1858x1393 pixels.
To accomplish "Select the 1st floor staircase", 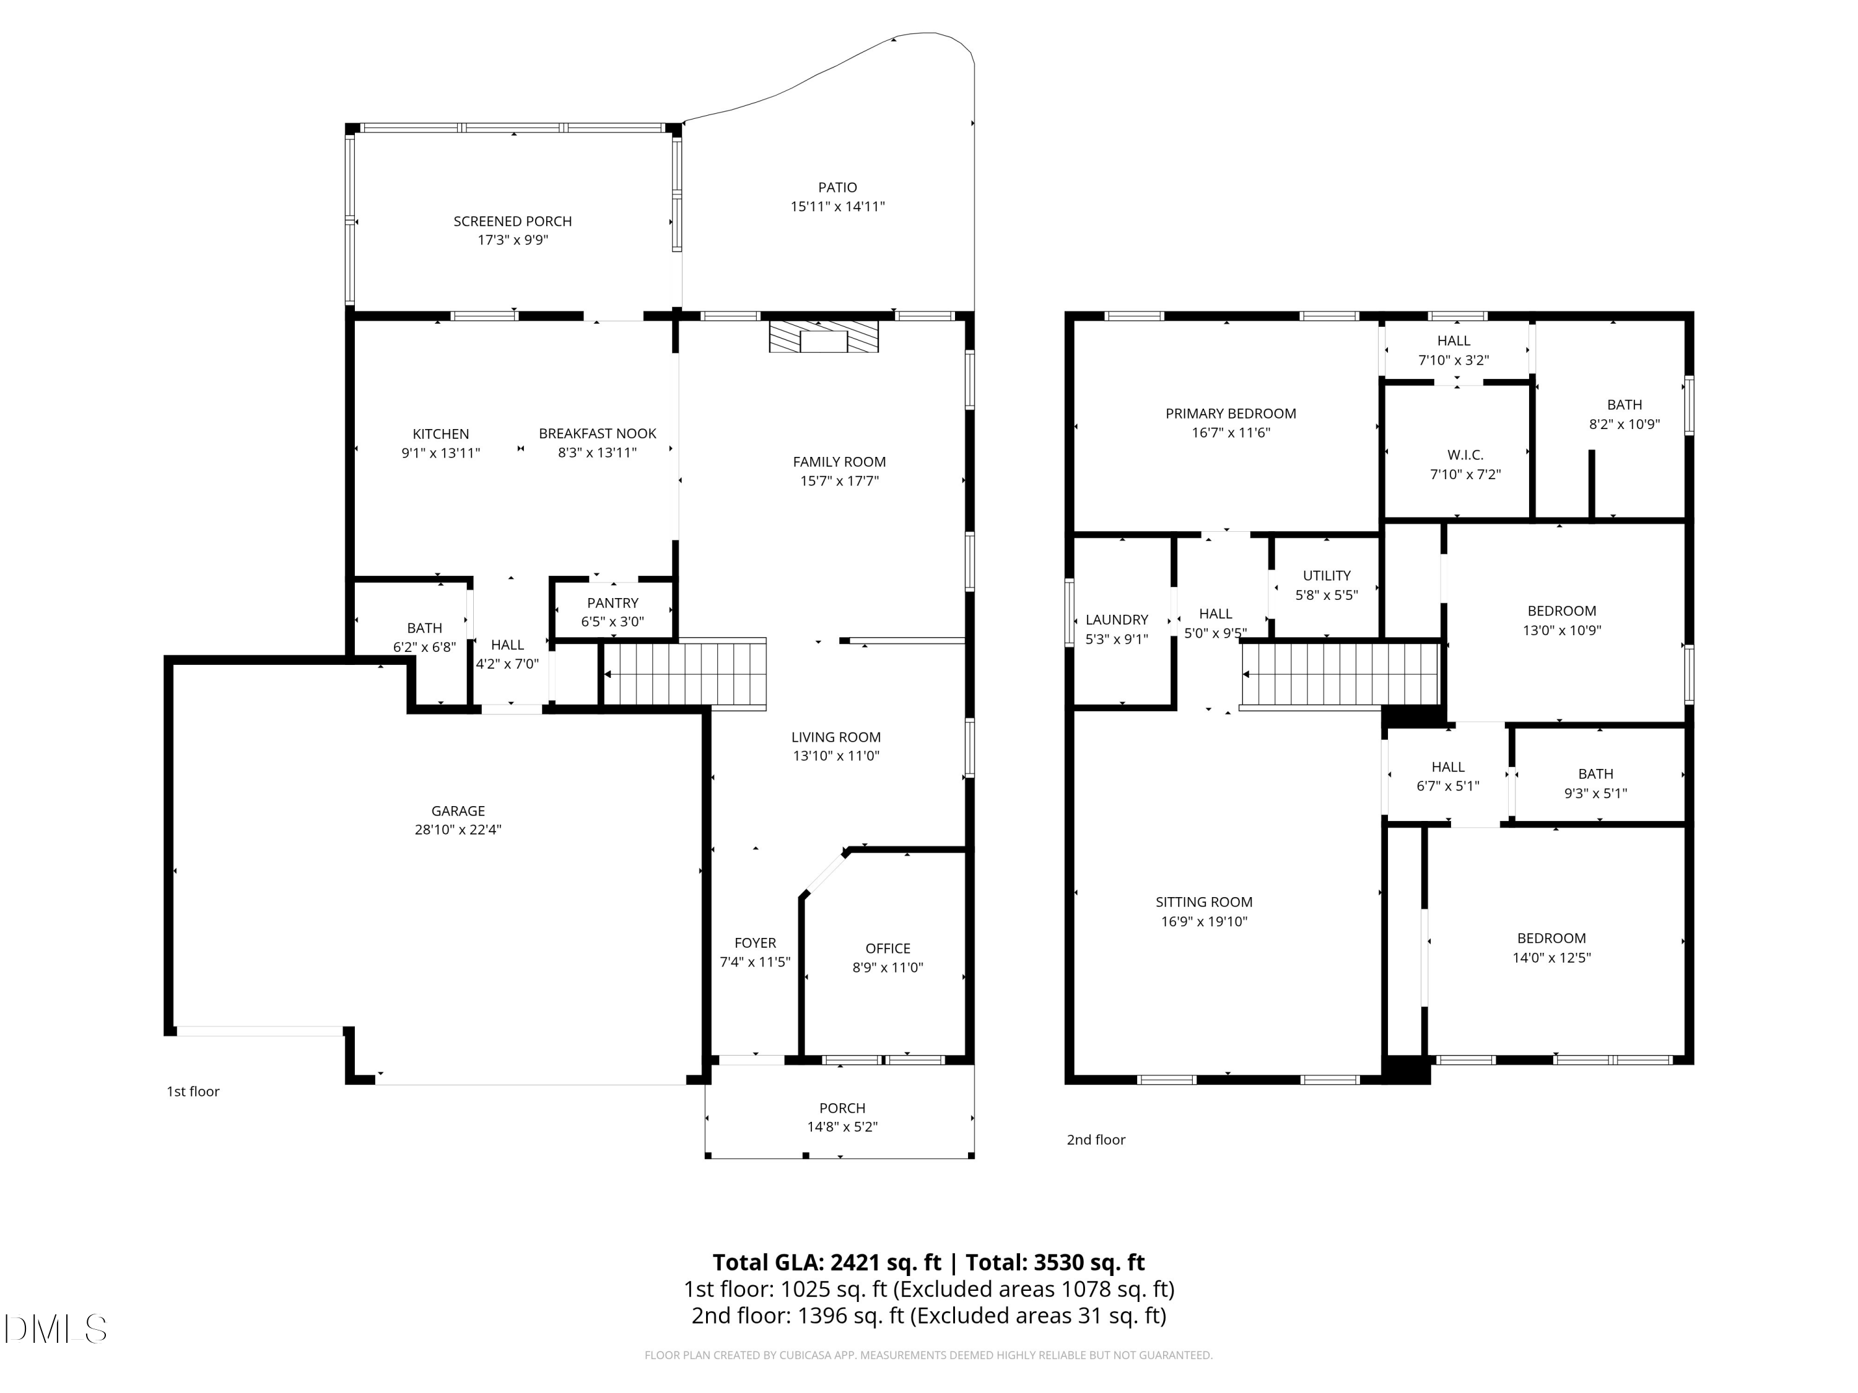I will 684,674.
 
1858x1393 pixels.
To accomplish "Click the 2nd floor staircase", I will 1341,674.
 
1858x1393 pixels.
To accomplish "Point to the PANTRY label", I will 613,603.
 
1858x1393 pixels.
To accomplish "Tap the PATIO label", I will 837,187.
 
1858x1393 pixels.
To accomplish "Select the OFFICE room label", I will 888,948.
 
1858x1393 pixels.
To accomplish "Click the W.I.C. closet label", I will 1465,455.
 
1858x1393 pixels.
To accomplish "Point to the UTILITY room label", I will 1327,576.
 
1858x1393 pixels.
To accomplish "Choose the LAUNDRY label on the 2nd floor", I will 1116,620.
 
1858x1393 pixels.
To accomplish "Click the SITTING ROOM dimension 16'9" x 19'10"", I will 1203,922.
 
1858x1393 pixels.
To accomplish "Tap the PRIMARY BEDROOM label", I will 1231,413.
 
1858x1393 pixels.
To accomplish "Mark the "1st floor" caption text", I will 193,1091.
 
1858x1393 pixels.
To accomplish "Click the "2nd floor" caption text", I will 1096,1139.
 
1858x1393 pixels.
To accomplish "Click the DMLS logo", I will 56,1329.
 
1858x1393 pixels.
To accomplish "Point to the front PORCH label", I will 842,1108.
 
